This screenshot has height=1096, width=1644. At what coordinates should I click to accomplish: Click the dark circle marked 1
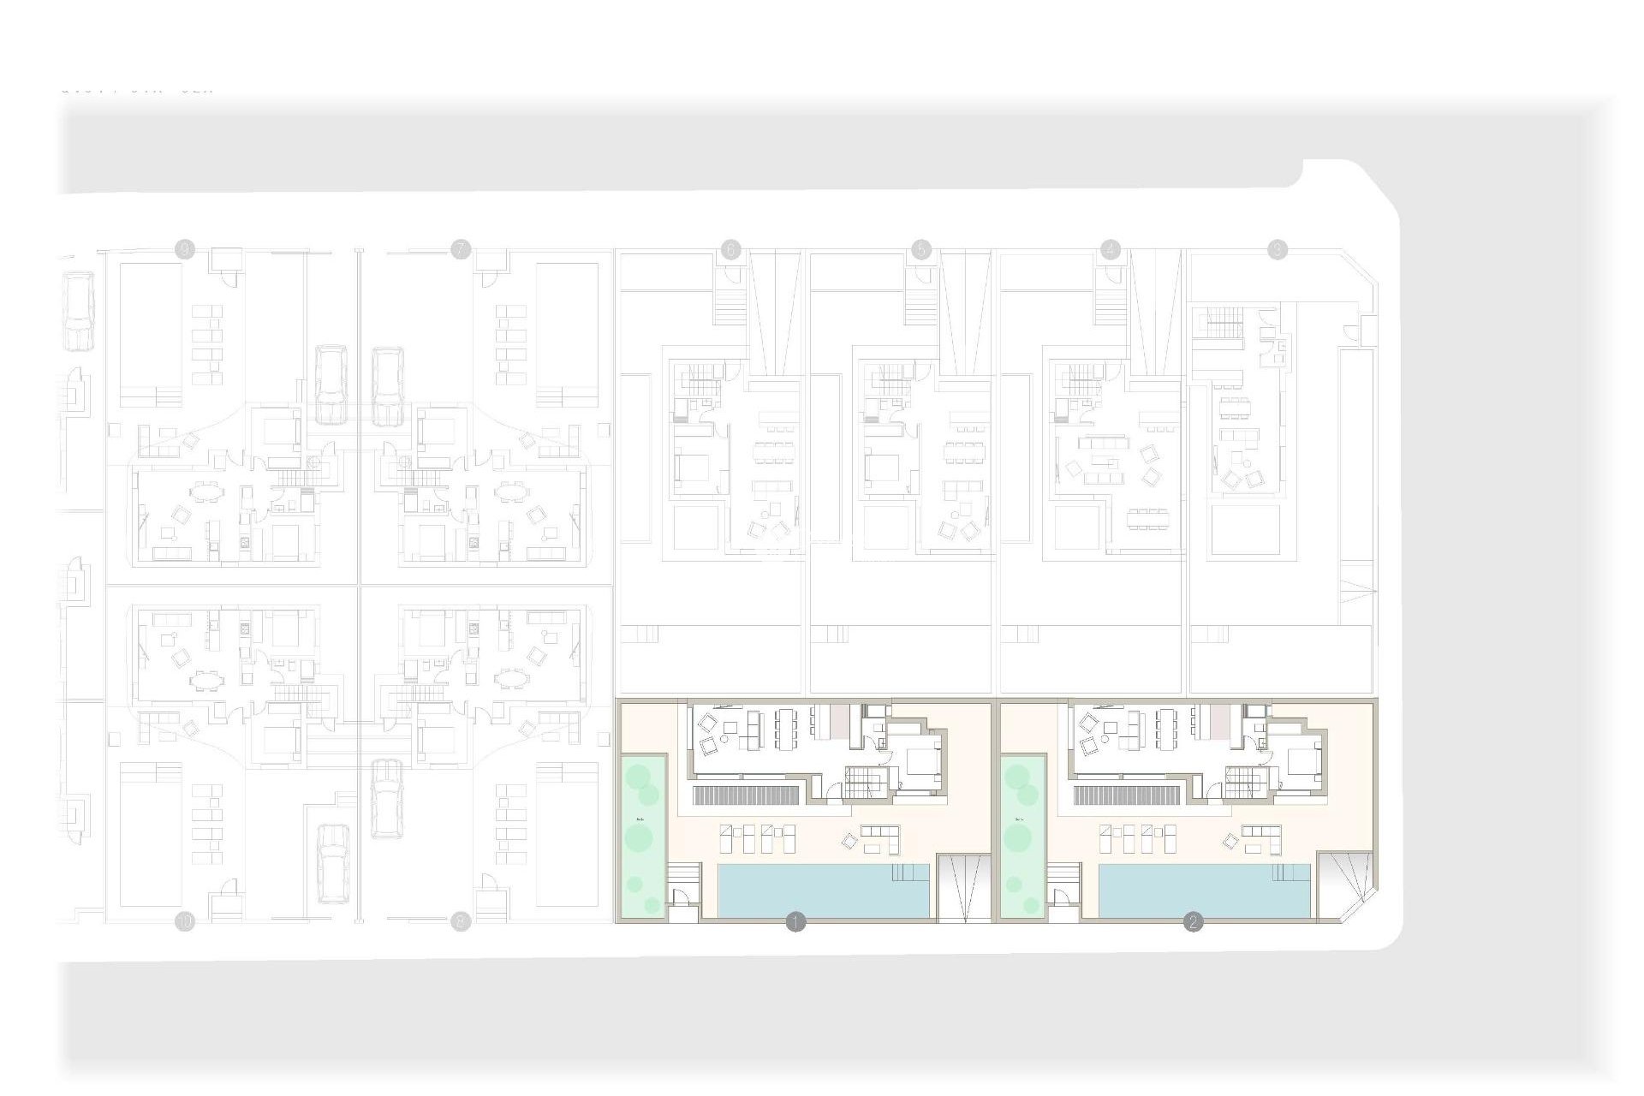point(795,922)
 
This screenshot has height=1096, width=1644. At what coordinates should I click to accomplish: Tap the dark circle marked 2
point(1192,922)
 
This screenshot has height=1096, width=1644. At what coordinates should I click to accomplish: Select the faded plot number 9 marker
point(185,249)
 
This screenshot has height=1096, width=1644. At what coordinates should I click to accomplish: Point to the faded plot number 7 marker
point(461,249)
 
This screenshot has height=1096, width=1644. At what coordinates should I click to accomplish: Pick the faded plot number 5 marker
point(920,249)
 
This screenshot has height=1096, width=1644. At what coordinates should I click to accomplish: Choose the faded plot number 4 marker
point(1111,249)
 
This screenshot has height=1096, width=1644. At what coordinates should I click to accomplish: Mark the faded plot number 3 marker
point(1278,250)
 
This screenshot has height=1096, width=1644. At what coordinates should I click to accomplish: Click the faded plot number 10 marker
point(185,922)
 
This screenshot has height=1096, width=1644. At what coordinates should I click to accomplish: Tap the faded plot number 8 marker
point(461,922)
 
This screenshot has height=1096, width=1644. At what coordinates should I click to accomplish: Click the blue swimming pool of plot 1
point(822,890)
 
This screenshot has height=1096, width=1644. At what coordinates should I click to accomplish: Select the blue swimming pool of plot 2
point(1203,890)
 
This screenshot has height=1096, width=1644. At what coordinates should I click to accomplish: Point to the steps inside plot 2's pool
point(1290,873)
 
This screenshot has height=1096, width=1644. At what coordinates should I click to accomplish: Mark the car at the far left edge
point(79,311)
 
